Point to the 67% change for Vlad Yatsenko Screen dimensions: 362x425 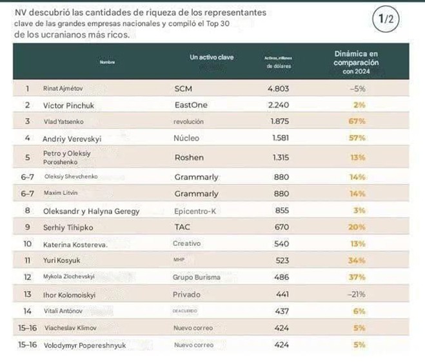[359, 121]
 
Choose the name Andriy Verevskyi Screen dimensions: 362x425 [73, 137]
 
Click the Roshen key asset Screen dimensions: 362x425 [188, 157]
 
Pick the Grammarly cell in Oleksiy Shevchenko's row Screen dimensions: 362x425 [196, 176]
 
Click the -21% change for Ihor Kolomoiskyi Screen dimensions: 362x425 [359, 294]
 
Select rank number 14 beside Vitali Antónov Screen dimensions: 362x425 [27, 311]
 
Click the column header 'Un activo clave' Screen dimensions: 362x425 [212, 57]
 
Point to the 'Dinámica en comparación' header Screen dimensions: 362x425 [356, 57]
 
